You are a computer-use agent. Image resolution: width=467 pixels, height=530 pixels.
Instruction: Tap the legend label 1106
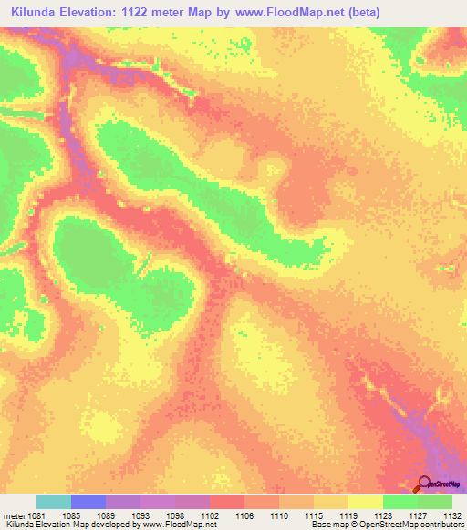pyautogui.click(x=244, y=515)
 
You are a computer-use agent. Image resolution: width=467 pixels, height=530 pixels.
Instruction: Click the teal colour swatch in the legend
pyautogui.click(x=54, y=502)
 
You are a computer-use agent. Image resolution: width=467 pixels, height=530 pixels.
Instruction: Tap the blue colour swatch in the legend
pyautogui.click(x=88, y=502)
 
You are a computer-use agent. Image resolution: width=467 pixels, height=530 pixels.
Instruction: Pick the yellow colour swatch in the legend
pyautogui.click(x=366, y=502)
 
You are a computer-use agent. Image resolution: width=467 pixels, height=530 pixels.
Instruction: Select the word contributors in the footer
pyautogui.click(x=439, y=525)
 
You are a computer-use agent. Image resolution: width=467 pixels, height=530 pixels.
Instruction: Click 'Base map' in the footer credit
pyautogui.click(x=327, y=525)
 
